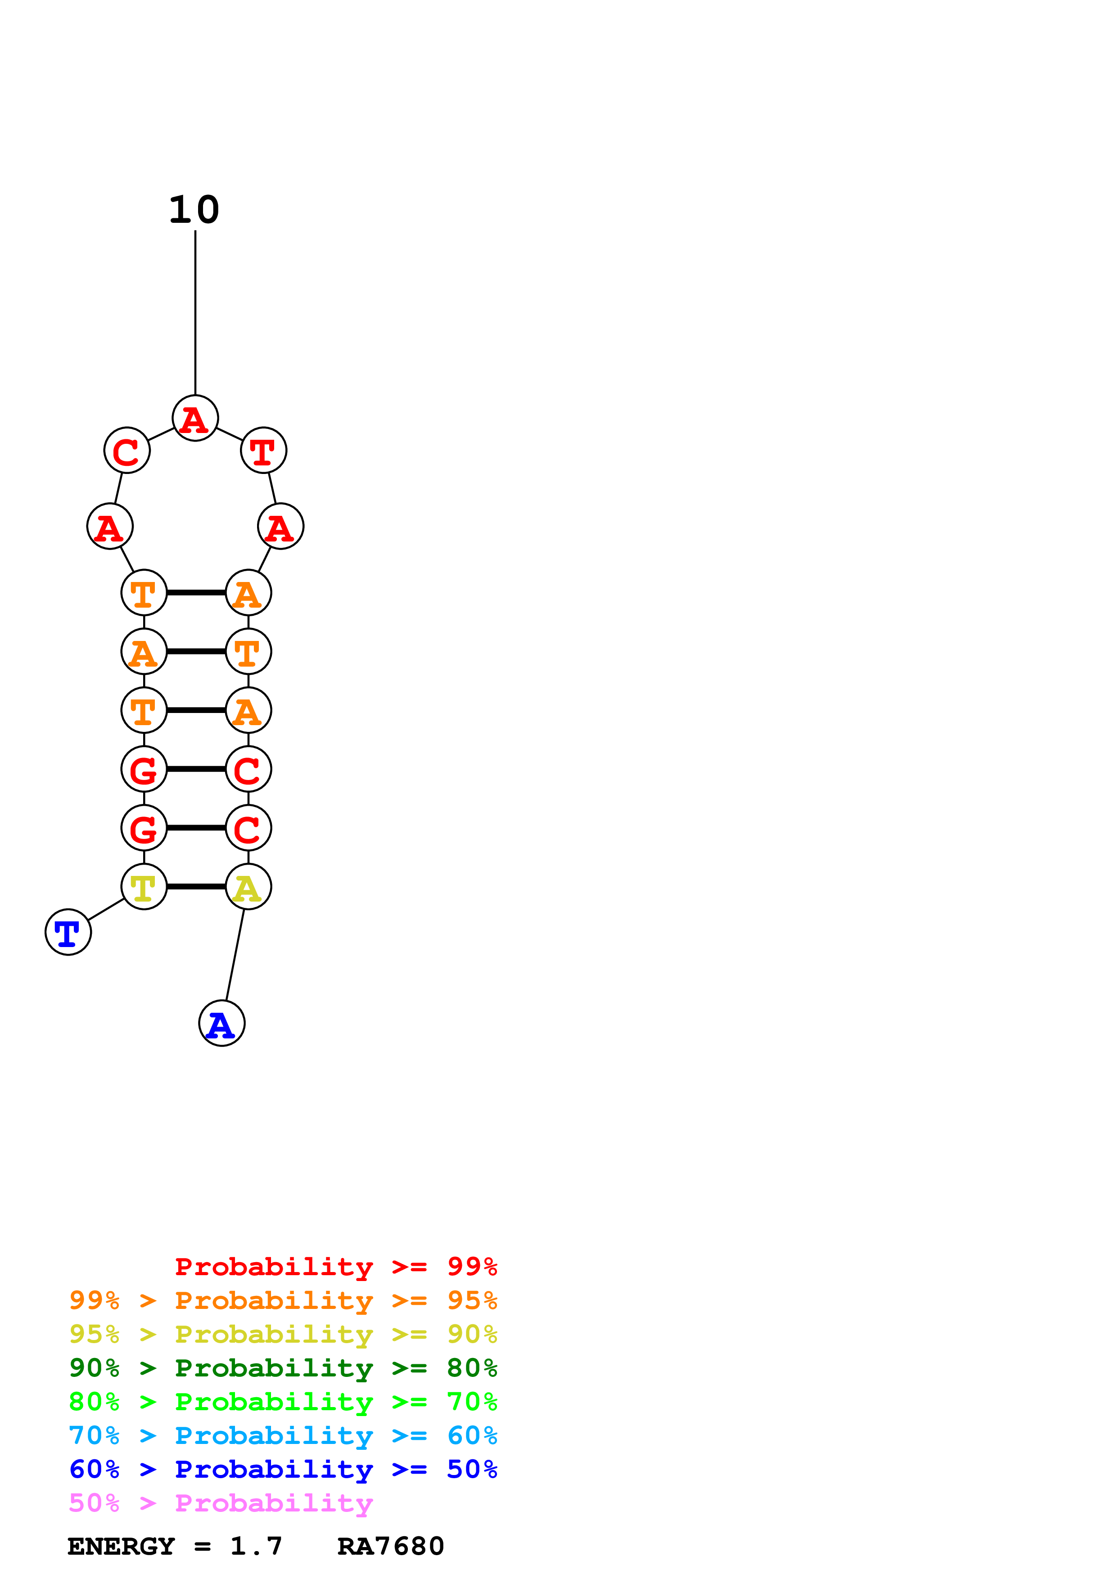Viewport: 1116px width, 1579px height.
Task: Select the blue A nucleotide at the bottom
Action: click(221, 1023)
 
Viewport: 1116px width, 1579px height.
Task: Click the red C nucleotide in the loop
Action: click(127, 451)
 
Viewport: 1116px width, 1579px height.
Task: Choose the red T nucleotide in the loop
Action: click(263, 451)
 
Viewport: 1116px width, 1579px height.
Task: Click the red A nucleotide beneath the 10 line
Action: click(195, 418)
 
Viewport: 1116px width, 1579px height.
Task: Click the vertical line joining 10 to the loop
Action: click(195, 313)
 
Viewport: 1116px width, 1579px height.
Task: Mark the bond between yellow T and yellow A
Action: click(196, 886)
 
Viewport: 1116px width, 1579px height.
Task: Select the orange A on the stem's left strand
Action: click(144, 651)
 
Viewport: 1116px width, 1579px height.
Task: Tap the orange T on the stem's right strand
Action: click(248, 651)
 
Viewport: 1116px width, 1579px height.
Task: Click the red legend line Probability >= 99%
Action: click(335, 1266)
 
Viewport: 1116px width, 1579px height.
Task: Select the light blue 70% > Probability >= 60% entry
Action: click(283, 1435)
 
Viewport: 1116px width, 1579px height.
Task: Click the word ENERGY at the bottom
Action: click(121, 1546)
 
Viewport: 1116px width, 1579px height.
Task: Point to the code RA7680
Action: click(391, 1546)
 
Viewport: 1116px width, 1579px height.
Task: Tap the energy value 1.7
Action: click(256, 1546)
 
